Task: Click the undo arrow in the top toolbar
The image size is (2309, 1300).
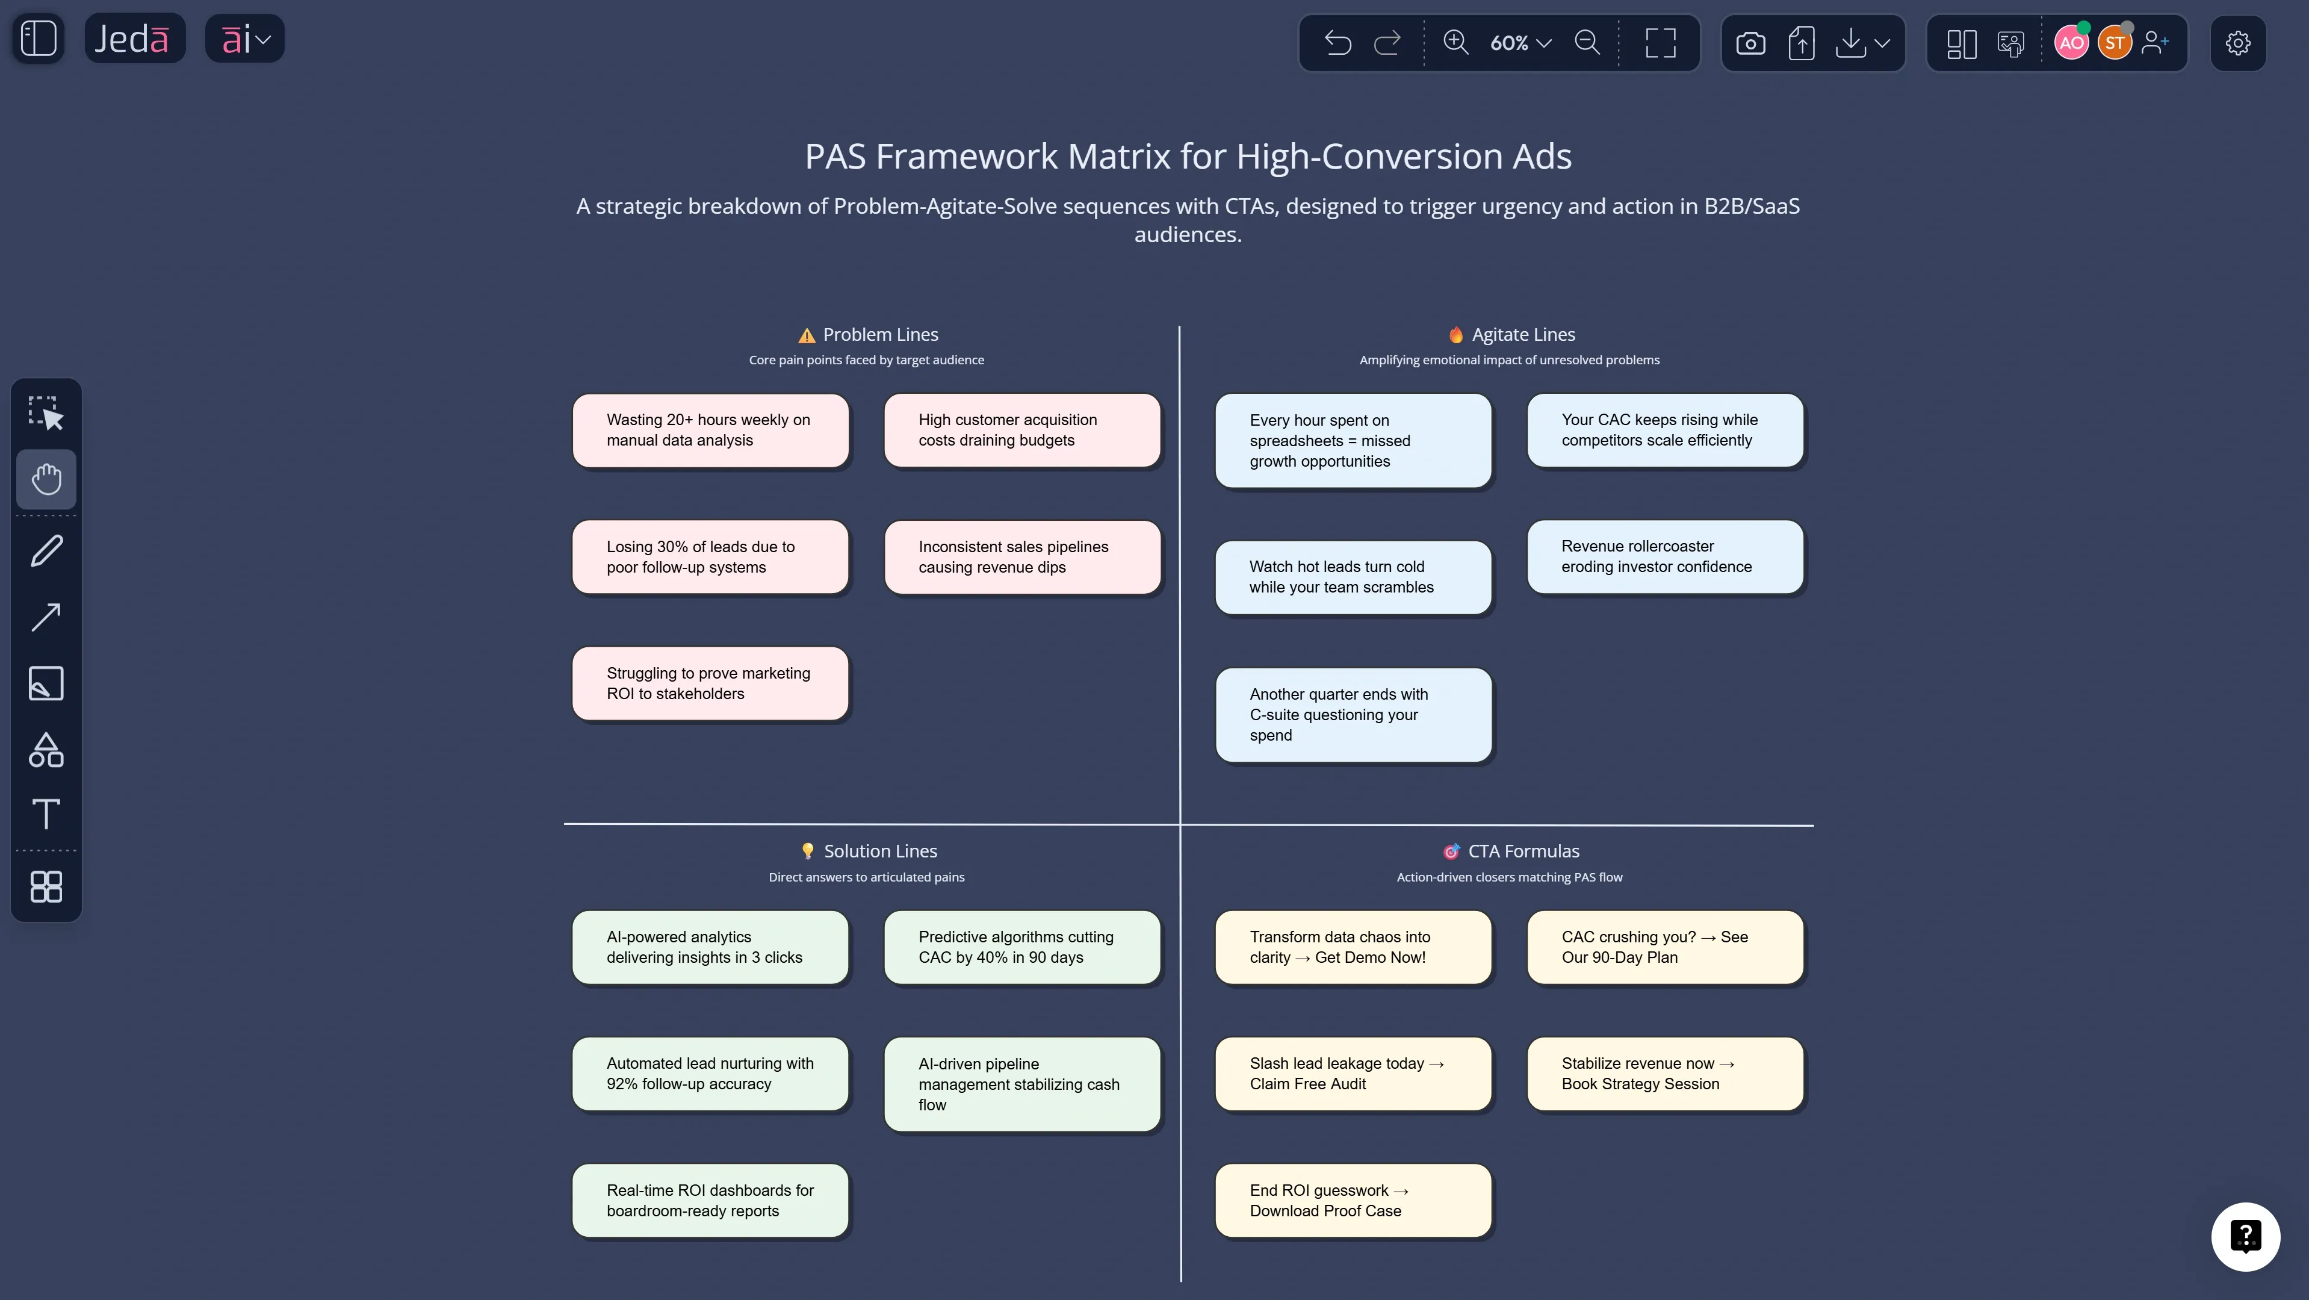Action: (1337, 42)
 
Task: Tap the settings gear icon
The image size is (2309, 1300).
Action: (2237, 42)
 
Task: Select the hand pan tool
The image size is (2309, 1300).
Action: (46, 479)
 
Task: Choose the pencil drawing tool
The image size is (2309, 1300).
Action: (46, 550)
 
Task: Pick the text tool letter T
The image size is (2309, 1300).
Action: (46, 813)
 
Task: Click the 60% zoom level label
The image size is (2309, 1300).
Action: (1508, 42)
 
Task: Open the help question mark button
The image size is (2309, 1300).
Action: (2245, 1236)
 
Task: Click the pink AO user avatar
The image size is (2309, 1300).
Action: (2071, 42)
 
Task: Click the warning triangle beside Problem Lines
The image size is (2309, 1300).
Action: (807, 335)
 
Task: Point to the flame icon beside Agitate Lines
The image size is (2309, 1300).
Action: (1455, 334)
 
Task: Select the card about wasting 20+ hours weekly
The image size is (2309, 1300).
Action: (710, 431)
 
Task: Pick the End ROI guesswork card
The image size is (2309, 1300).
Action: (1353, 1201)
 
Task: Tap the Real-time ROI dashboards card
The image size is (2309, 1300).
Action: (710, 1201)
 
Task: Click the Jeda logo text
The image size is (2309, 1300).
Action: (132, 39)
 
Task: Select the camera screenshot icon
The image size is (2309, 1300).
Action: (1750, 42)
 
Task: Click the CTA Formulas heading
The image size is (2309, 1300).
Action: (1523, 851)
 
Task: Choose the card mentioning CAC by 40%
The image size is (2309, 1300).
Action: (1022, 947)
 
